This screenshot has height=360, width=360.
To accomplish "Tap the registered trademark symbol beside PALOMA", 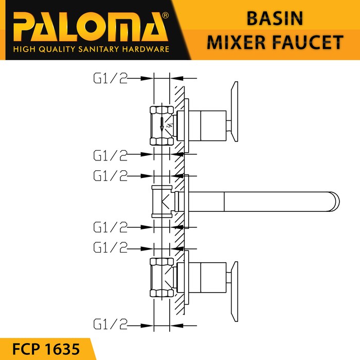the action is tap(165, 16).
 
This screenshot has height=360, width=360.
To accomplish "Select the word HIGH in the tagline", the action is tap(24, 49).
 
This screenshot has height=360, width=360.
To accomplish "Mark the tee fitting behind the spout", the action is tap(163, 202).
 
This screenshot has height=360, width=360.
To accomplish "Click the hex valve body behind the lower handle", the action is tap(163, 278).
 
